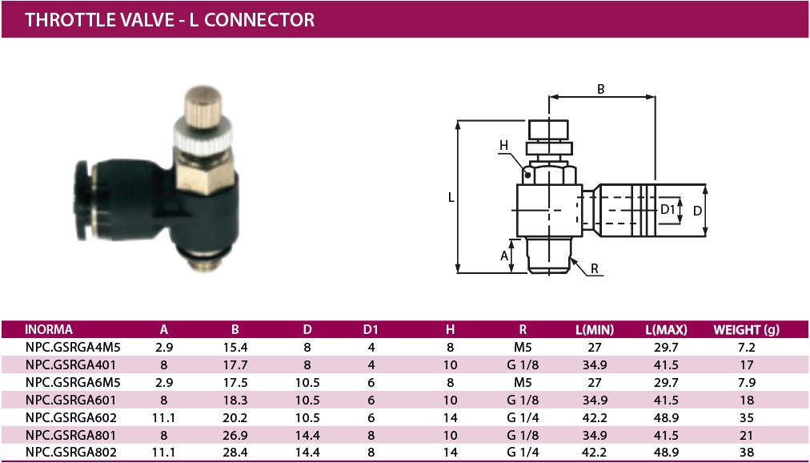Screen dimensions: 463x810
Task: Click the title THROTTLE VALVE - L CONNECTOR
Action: tap(170, 19)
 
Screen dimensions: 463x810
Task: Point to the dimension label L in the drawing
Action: tap(451, 196)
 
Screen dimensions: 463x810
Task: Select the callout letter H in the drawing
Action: tap(503, 145)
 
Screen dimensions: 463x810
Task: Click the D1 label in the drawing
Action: tap(668, 209)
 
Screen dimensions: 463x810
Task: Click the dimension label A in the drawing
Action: tap(504, 256)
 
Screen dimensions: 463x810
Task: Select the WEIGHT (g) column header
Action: tap(746, 329)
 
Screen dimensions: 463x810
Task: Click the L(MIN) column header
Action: tap(595, 329)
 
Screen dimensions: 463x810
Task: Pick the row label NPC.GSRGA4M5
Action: tap(73, 348)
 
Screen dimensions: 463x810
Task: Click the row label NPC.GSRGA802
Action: tap(72, 452)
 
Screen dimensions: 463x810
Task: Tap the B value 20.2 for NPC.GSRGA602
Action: tap(235, 417)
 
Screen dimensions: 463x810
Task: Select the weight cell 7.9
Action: tap(746, 382)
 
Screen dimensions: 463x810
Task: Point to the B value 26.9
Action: tap(235, 434)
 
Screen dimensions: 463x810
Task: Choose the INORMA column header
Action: tap(50, 329)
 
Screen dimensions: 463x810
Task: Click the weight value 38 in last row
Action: tap(746, 452)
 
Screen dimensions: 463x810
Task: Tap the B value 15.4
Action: tap(235, 348)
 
